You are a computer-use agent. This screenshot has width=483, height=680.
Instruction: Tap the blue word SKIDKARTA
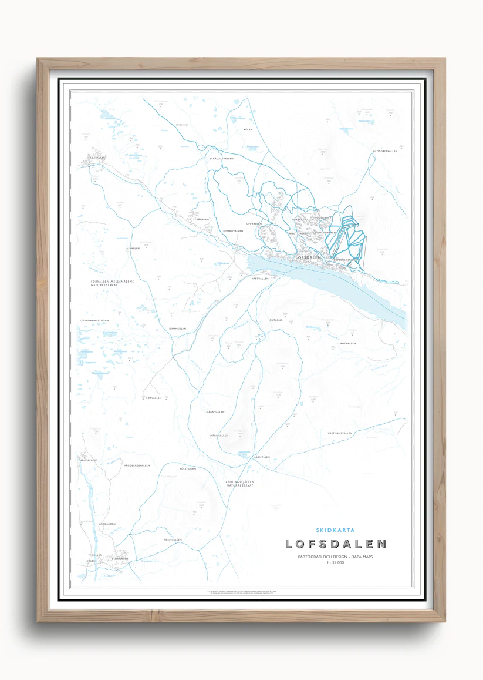tap(335, 530)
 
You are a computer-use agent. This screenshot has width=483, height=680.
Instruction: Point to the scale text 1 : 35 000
tap(336, 562)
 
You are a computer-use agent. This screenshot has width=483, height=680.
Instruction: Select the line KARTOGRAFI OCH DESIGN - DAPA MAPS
tap(335, 556)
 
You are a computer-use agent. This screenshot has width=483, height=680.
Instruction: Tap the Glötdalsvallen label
tap(385, 151)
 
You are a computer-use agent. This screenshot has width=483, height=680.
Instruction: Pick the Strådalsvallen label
tap(222, 159)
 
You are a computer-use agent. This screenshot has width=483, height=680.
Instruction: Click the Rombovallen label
tap(233, 231)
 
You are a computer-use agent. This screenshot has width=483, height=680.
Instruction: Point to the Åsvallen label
tap(133, 249)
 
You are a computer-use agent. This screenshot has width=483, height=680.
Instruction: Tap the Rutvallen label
tap(348, 343)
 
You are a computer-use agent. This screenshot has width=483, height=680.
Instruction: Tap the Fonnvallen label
tap(173, 540)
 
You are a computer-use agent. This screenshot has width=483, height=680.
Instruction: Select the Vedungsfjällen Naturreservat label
tap(239, 484)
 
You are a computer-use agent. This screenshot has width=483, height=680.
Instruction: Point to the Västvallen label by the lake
tap(259, 278)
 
